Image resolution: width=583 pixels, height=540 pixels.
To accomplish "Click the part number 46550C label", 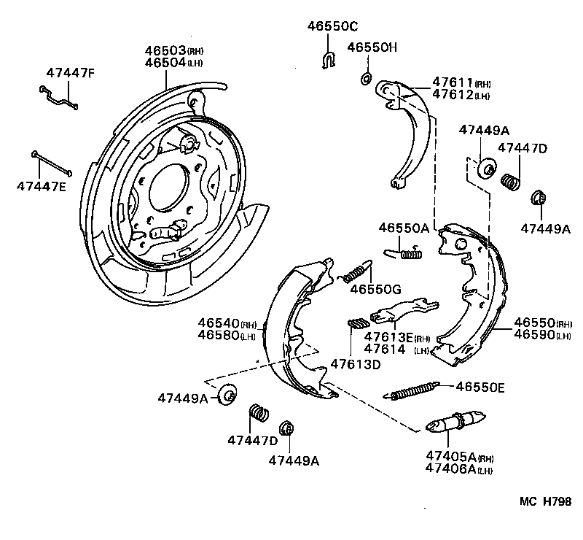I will pyautogui.click(x=332, y=26).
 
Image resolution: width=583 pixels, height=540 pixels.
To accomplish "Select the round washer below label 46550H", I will pyautogui.click(x=367, y=77).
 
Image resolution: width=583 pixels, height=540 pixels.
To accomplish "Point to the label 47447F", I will pyautogui.click(x=70, y=72).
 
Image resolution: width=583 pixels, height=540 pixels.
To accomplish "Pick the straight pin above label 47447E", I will pyautogui.click(x=51, y=163).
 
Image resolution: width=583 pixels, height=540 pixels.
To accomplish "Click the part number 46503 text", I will pyautogui.click(x=165, y=51).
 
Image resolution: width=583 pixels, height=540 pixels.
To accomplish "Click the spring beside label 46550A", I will pyautogui.click(x=404, y=253).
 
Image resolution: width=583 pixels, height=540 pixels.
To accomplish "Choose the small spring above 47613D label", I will pyautogui.click(x=359, y=324).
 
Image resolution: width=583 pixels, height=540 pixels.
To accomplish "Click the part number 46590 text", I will pyautogui.click(x=534, y=335).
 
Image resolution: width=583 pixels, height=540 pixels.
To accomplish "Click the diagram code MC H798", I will pyautogui.click(x=545, y=501).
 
